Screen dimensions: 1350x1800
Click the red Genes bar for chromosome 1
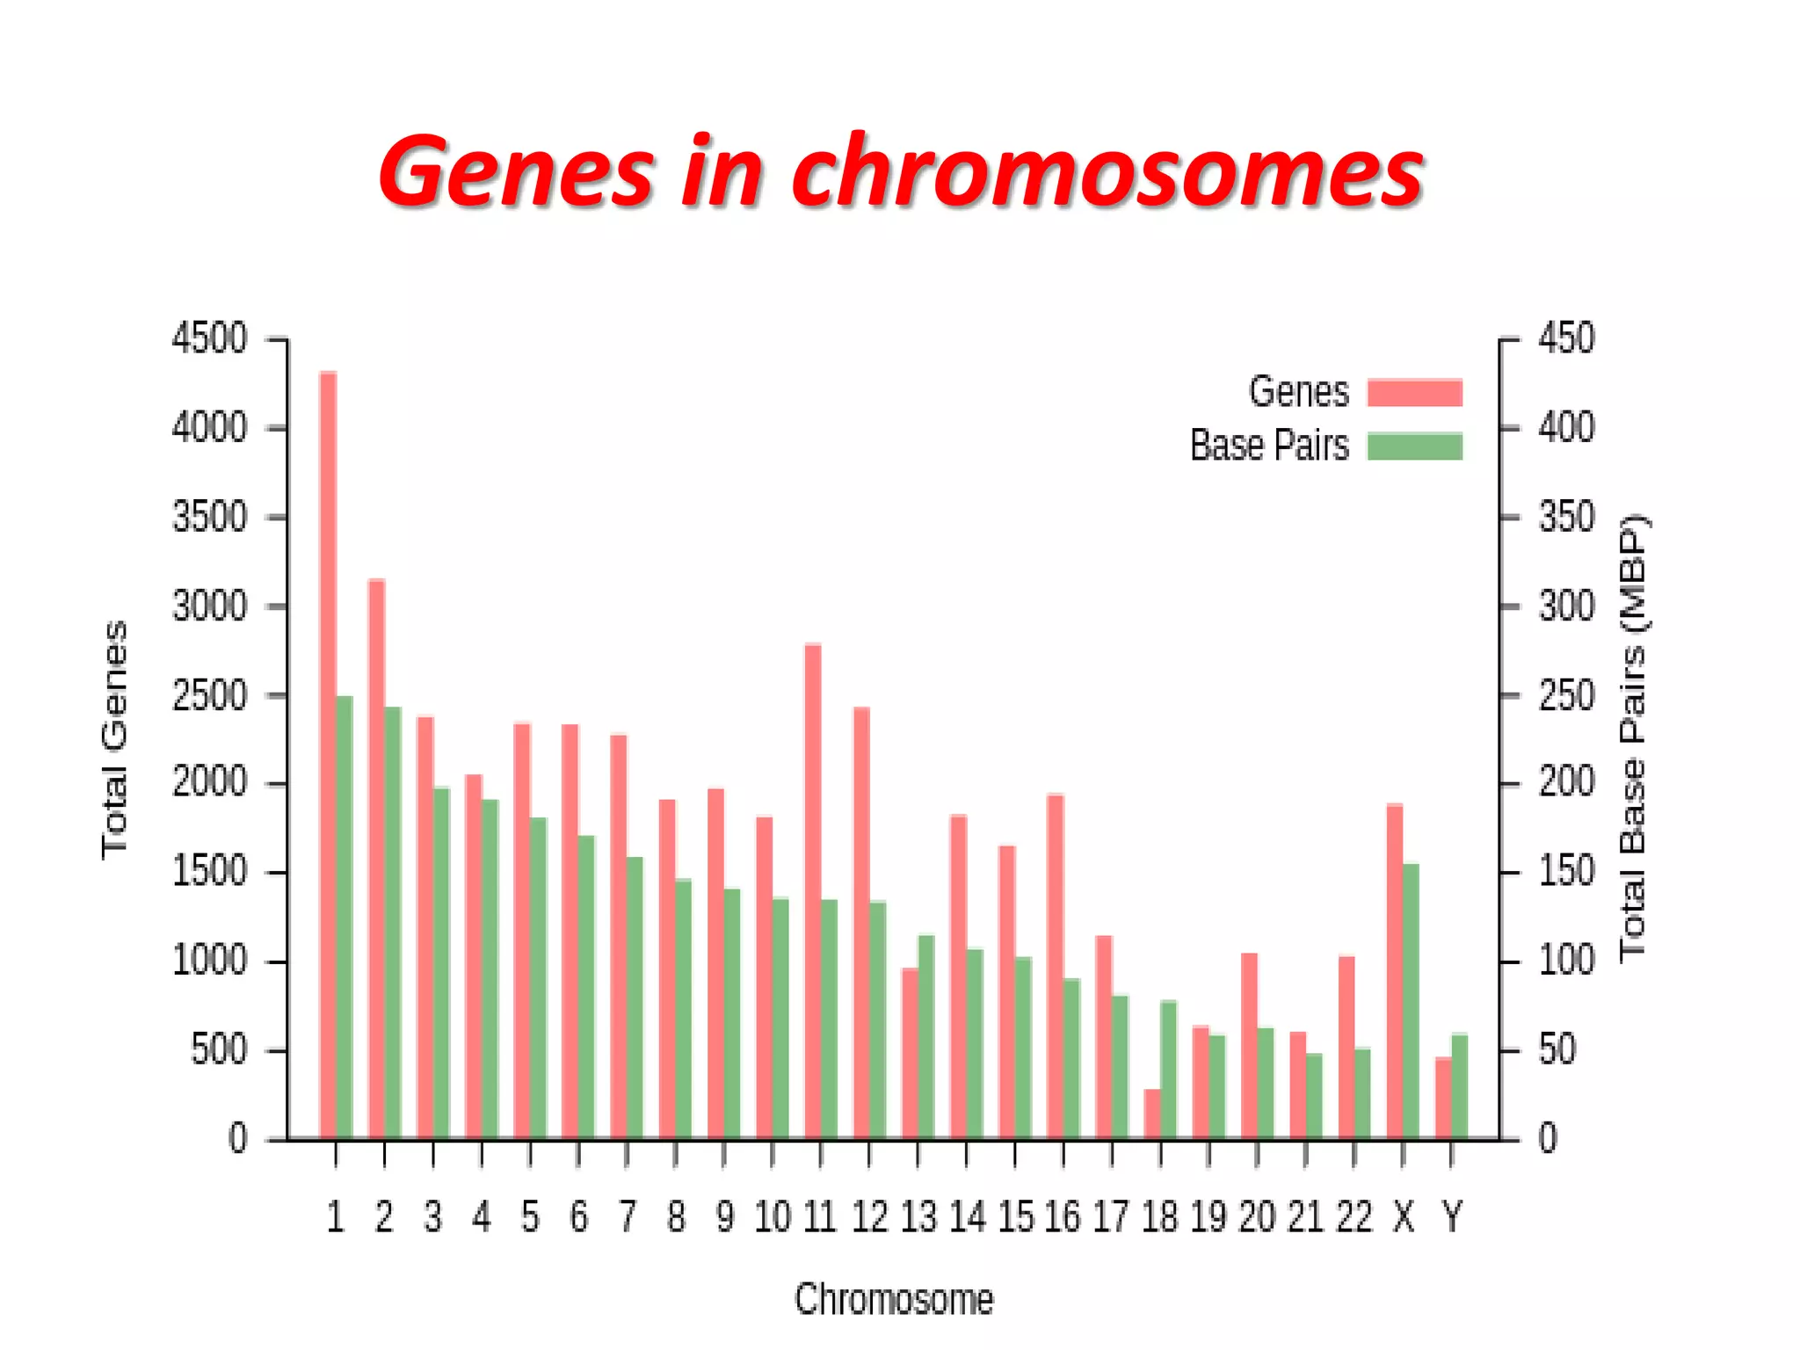(x=328, y=756)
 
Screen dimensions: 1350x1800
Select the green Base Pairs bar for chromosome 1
(x=345, y=918)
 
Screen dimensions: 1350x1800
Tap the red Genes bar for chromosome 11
(x=813, y=891)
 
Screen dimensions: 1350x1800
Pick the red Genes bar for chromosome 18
(x=1152, y=1114)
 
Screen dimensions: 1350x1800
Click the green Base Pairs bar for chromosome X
(x=1412, y=1002)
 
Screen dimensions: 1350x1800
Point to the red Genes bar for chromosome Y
(x=1443, y=1099)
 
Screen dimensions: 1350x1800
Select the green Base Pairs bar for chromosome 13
(x=926, y=1037)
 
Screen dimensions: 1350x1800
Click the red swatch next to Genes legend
(x=1414, y=392)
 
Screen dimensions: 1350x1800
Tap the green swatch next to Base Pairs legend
(x=1414, y=446)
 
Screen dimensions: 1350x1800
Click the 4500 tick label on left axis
(x=209, y=338)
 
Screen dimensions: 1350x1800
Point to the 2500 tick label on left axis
(x=209, y=695)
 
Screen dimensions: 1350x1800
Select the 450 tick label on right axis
(x=1565, y=338)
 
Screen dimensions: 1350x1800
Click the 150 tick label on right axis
(x=1565, y=872)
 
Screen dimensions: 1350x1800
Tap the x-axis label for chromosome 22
(x=1354, y=1217)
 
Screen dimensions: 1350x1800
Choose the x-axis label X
(x=1403, y=1217)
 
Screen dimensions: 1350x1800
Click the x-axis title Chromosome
(x=894, y=1299)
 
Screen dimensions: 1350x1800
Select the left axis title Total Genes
(x=115, y=740)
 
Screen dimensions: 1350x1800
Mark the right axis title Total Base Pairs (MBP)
(x=1634, y=738)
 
